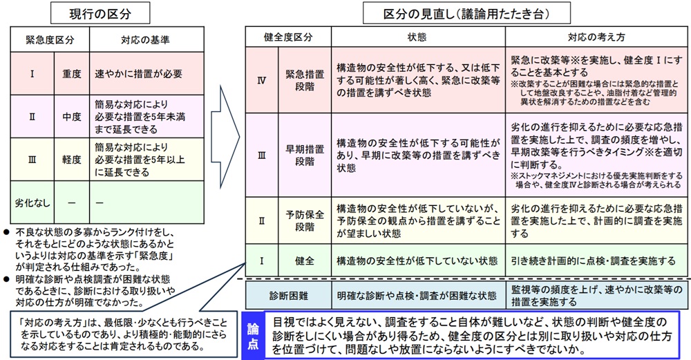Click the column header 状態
(417, 36)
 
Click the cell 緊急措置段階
(305, 79)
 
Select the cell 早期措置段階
(305, 155)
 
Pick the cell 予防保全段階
(305, 220)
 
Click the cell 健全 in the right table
(305, 261)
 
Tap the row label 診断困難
(288, 295)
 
